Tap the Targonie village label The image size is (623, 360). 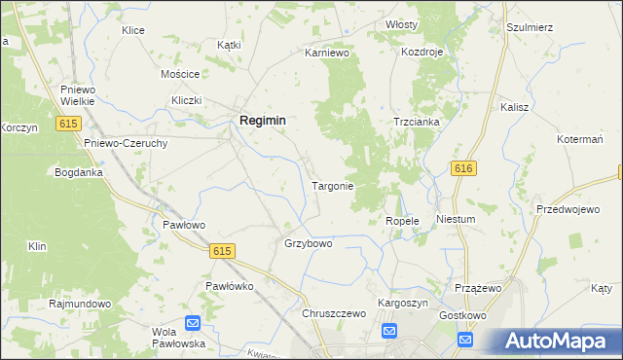pos(332,185)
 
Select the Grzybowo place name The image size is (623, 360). pos(308,243)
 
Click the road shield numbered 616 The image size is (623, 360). pos(463,168)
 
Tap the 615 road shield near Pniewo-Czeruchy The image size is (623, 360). pos(67,124)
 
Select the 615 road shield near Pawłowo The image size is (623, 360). pos(222,251)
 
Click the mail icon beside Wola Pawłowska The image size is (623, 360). pos(193,323)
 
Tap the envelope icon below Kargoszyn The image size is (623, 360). pos(389,332)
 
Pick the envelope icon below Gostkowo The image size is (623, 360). pos(465,340)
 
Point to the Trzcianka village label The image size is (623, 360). pos(417,122)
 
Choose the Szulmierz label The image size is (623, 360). pos(530,27)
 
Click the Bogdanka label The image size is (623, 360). pos(79,171)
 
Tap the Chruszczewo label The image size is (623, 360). pos(333,313)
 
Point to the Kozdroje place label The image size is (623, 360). pos(422,51)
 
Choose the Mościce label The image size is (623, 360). pos(180,74)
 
